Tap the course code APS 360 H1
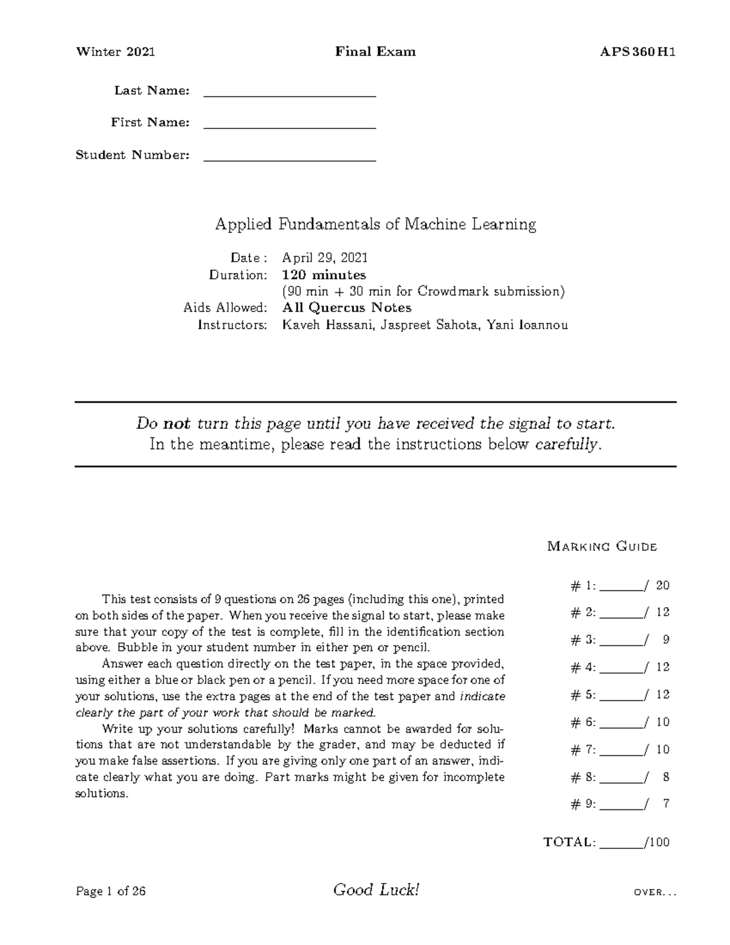click(x=638, y=52)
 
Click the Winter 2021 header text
click(x=115, y=52)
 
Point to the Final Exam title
click(x=375, y=52)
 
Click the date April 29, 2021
click(x=325, y=258)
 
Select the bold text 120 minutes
click(x=324, y=275)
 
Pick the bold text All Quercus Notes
click(x=347, y=308)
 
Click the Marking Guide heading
click(x=602, y=546)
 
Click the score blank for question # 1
click(x=621, y=588)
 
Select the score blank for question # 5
click(x=621, y=697)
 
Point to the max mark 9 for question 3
click(x=666, y=640)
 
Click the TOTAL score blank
click(x=621, y=845)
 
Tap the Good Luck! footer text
click(x=376, y=891)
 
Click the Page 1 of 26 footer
click(x=111, y=892)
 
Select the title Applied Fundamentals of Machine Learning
click(x=375, y=225)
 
